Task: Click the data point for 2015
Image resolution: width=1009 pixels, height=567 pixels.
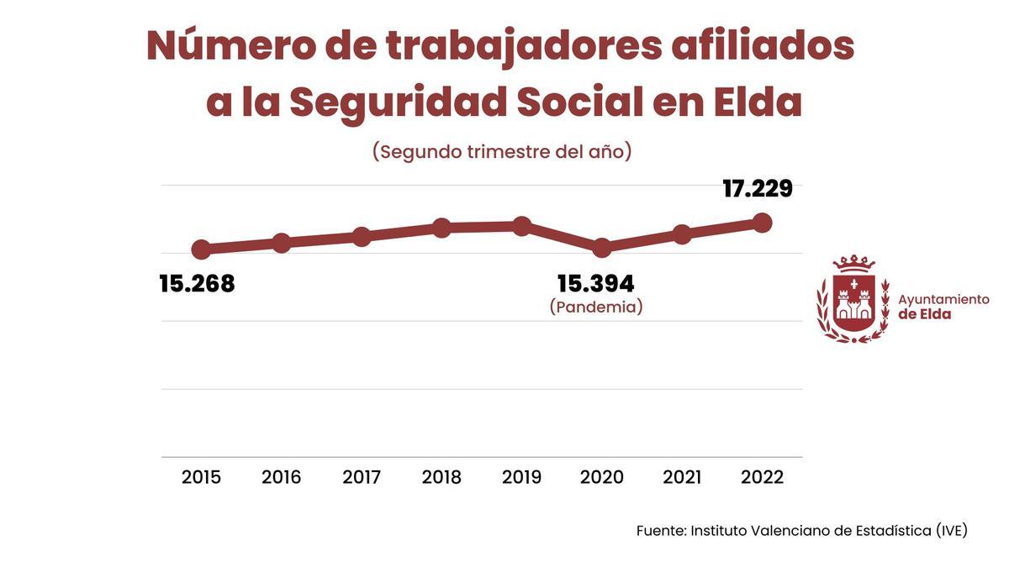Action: (x=201, y=249)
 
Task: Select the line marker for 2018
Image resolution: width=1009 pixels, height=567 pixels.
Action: (x=442, y=228)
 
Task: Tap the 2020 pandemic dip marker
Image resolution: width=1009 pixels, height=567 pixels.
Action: (x=602, y=248)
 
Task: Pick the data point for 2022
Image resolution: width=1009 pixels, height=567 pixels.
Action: (x=763, y=223)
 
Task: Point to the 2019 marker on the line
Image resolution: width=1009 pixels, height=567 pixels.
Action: (x=522, y=226)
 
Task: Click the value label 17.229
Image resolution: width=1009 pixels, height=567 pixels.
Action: (x=758, y=189)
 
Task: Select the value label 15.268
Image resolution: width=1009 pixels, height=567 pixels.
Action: (x=198, y=284)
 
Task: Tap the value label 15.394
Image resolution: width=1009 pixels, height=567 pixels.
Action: (x=596, y=284)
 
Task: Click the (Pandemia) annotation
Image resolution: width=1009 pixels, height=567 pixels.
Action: (x=596, y=307)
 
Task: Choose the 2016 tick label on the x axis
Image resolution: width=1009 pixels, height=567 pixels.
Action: (x=282, y=477)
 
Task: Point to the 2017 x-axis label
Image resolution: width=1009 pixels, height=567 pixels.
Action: (x=362, y=477)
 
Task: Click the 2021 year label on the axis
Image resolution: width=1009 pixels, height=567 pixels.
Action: (x=682, y=477)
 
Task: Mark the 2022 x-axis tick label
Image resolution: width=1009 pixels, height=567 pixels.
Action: (x=763, y=477)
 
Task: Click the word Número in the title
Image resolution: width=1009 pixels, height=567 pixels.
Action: (x=230, y=46)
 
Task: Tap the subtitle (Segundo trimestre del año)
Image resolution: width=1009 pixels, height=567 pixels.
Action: (x=502, y=152)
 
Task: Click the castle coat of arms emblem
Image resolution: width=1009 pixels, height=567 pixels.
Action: (x=853, y=299)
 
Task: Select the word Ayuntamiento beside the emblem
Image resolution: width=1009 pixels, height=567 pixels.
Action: (x=943, y=299)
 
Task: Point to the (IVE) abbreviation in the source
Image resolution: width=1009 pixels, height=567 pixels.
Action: (x=952, y=531)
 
